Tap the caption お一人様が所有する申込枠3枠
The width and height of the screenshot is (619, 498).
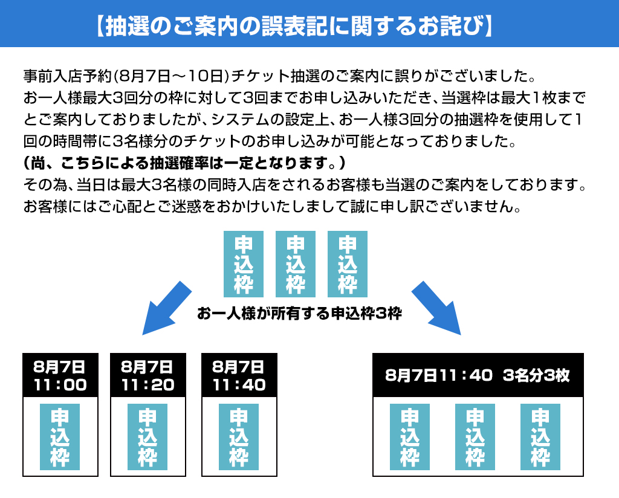pos(299,314)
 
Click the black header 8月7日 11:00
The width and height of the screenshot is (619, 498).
pos(60,375)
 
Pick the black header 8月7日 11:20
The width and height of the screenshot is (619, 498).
pos(148,375)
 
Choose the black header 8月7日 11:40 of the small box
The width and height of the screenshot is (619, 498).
pos(239,375)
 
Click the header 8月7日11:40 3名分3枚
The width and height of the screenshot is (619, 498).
pos(478,375)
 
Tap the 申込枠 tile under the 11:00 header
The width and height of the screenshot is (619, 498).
pos(60,437)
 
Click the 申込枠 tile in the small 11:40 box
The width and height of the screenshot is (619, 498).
pos(239,437)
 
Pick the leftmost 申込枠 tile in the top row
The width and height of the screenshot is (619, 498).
pos(244,264)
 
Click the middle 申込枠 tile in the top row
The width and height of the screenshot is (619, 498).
pos(295,264)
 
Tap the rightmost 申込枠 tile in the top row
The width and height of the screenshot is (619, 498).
pos(348,264)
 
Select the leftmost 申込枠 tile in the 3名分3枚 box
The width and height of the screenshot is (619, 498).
pos(410,437)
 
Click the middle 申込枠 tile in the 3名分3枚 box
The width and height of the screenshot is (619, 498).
pos(475,437)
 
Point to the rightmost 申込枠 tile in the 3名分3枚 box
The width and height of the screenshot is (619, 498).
pos(540,437)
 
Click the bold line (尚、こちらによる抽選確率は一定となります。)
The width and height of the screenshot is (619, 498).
pos(184,164)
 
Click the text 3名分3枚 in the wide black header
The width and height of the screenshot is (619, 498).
pos(536,375)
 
